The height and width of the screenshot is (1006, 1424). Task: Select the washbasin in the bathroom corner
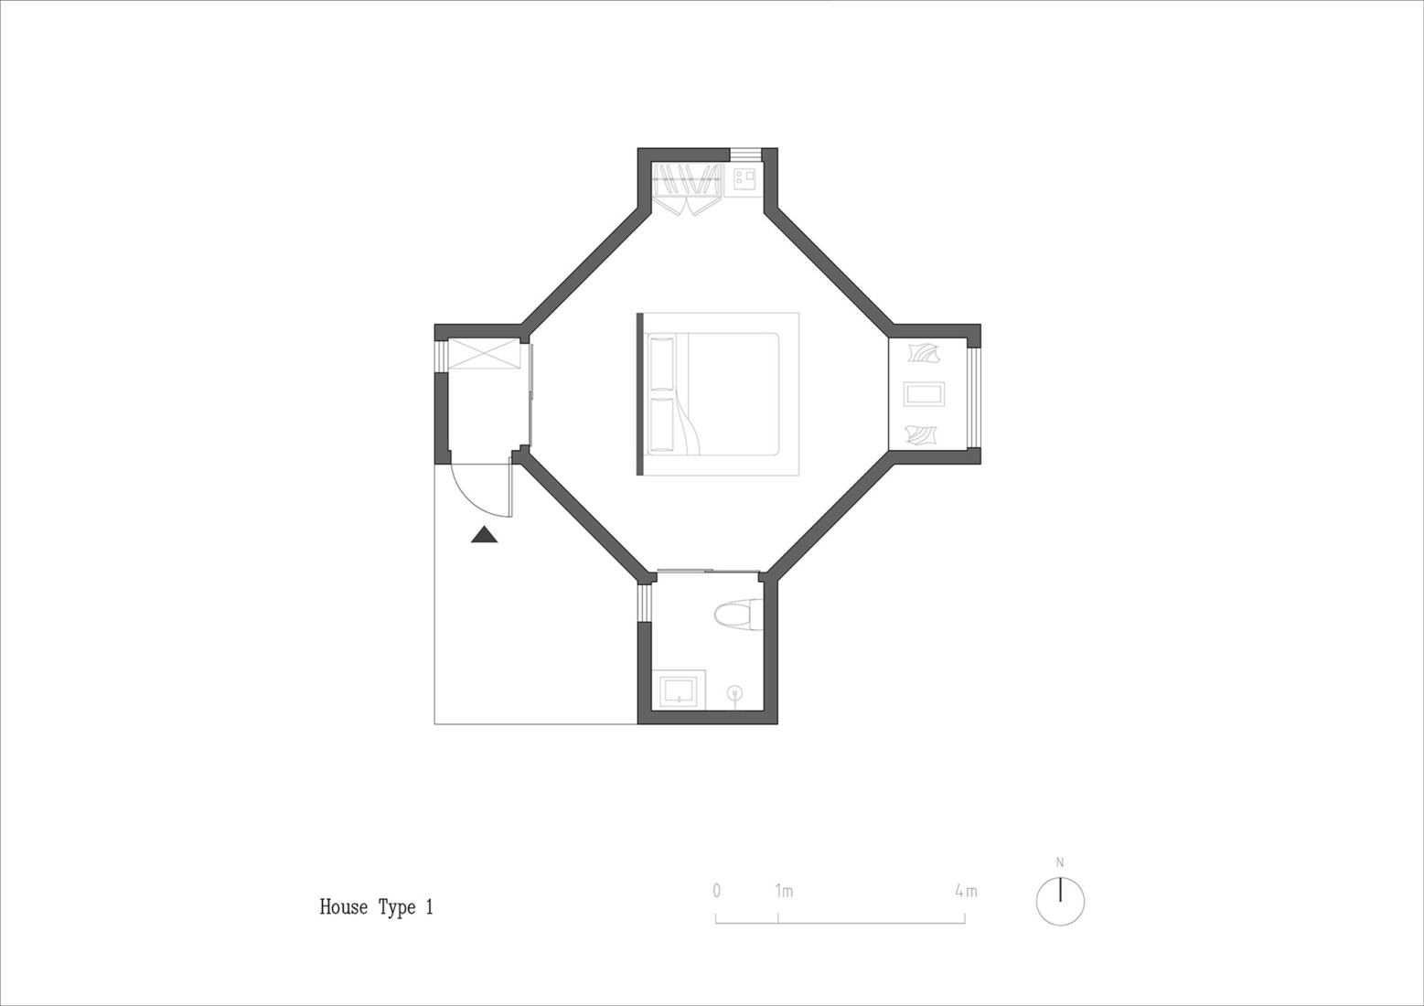(679, 690)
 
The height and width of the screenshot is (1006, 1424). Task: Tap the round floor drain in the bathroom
(736, 692)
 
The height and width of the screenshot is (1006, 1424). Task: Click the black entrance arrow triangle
(485, 534)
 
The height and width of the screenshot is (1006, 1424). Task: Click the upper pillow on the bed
(662, 364)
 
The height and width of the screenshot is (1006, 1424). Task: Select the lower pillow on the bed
(662, 425)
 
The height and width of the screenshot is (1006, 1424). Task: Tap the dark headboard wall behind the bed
(640, 394)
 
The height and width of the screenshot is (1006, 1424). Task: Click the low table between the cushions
(925, 393)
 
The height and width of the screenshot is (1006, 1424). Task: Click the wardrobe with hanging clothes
(688, 188)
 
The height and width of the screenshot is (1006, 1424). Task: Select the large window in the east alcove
(975, 393)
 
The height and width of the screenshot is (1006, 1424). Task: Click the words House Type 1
(376, 907)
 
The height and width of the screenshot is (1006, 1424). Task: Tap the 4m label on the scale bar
(966, 892)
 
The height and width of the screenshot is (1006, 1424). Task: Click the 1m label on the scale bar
(784, 892)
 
